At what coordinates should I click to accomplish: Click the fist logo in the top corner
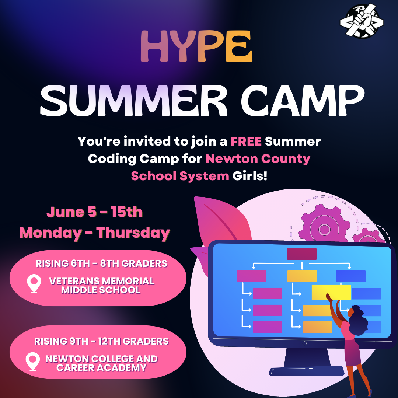362,21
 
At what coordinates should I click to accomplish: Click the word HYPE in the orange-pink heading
196,46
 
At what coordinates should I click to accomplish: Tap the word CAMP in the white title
303,101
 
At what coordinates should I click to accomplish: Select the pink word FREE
246,142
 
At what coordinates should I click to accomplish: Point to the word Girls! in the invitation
250,176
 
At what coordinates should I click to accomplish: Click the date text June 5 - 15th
94,212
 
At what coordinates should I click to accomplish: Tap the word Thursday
133,233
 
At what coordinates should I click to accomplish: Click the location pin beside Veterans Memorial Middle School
34,284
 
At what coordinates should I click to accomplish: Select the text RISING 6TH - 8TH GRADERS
101,263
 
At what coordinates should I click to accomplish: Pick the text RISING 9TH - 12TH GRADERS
101,341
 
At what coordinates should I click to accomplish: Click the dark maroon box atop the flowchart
302,254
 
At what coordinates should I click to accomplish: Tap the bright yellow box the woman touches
331,292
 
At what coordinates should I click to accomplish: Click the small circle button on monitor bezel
305,343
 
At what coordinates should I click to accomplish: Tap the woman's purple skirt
353,352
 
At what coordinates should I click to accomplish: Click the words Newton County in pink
258,159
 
